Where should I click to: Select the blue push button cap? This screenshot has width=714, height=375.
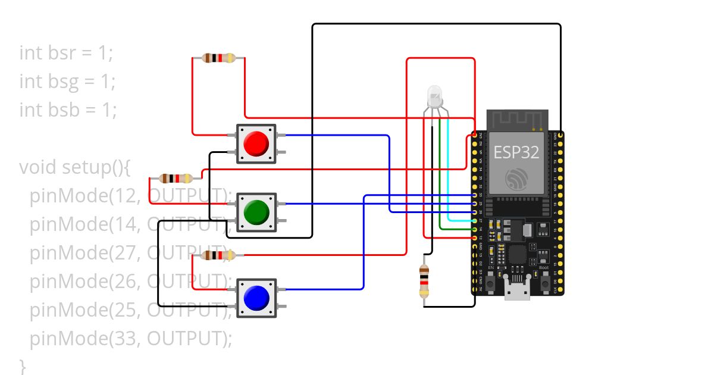pyautogui.click(x=256, y=298)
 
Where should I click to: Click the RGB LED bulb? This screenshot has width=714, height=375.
pyautogui.click(x=434, y=95)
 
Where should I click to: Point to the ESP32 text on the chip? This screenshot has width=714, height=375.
pyautogui.click(x=516, y=152)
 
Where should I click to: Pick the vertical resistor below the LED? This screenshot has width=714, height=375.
pyautogui.click(x=424, y=281)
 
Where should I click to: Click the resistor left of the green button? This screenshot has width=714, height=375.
pyautogui.click(x=176, y=178)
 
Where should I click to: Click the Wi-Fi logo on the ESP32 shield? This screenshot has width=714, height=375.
pyautogui.click(x=516, y=179)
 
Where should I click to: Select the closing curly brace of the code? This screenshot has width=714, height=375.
pyautogui.click(x=23, y=365)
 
